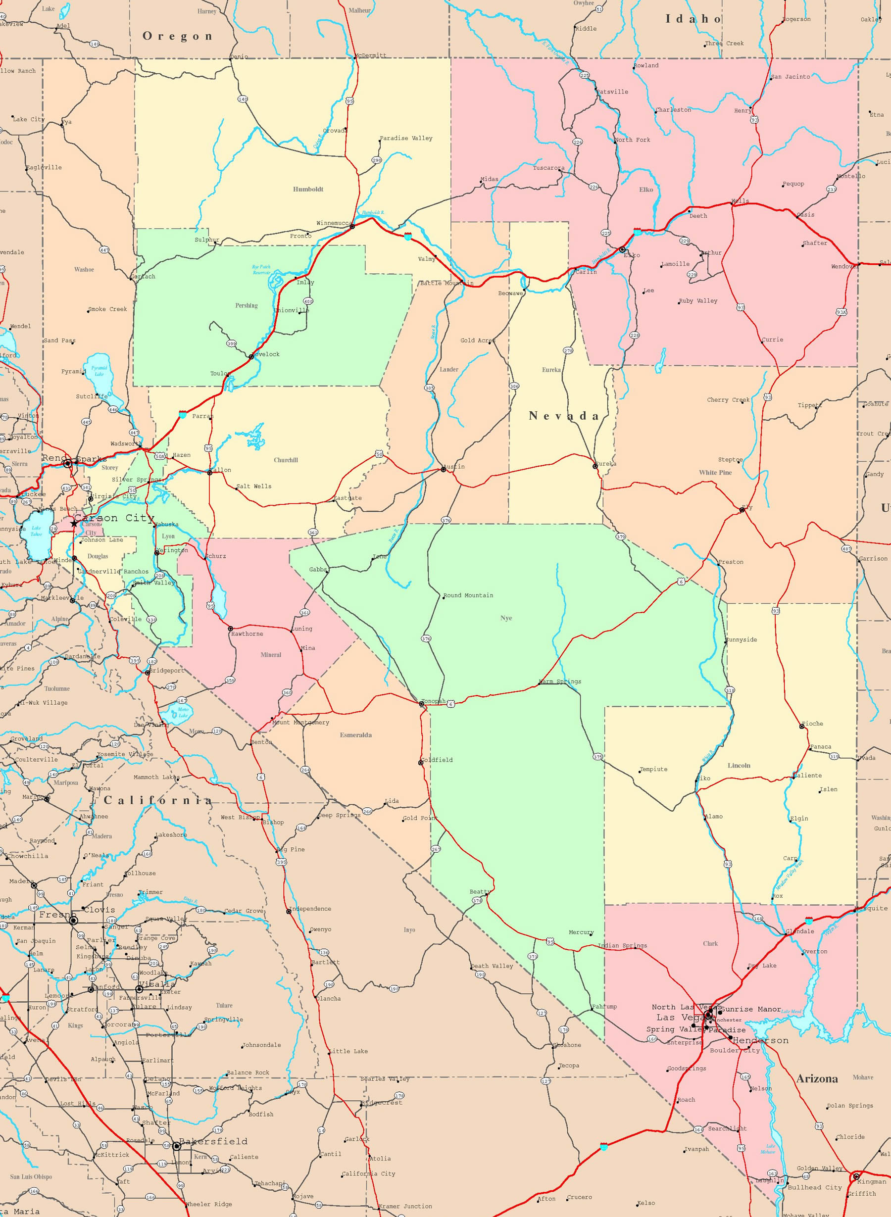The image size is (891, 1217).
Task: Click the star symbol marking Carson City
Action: (74, 523)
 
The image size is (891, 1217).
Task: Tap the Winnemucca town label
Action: (334, 223)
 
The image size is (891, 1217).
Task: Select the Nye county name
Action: (505, 618)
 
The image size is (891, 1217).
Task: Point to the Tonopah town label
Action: (434, 701)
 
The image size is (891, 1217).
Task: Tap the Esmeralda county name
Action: (355, 735)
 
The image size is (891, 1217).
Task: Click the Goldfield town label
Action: (438, 760)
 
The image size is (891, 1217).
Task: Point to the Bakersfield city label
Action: (213, 1141)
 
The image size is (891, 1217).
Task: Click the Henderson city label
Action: (760, 1040)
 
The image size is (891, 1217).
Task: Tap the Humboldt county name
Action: (308, 189)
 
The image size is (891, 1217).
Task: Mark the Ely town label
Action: (747, 507)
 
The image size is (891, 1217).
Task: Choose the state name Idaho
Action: (693, 19)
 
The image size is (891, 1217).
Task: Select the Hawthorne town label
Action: (247, 633)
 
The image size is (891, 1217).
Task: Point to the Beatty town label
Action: (480, 891)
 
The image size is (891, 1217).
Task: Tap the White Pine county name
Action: (715, 472)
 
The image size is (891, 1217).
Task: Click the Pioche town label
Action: (812, 724)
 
